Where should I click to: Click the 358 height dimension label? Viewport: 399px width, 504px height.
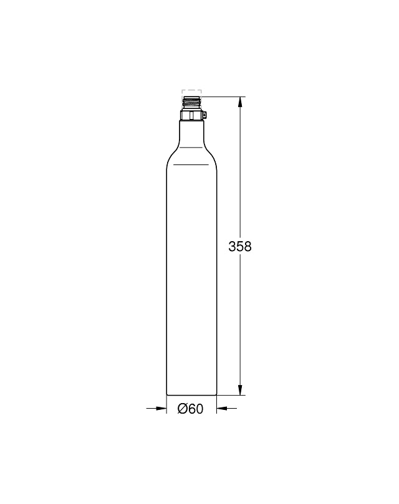pyautogui.click(x=240, y=247)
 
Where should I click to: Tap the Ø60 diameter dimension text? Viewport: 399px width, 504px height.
pyautogui.click(x=191, y=409)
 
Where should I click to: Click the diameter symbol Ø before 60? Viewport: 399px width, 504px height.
pyautogui.click(x=183, y=409)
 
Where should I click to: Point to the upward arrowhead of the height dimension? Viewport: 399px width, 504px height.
pyautogui.click(x=240, y=102)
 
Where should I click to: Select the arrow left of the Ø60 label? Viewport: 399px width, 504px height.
pyautogui.click(x=156, y=408)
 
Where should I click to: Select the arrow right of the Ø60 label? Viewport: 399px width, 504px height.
pyautogui.click(x=226, y=408)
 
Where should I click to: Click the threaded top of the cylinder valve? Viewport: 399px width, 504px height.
pyautogui.click(x=192, y=103)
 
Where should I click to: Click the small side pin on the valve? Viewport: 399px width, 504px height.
pyautogui.click(x=205, y=115)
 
